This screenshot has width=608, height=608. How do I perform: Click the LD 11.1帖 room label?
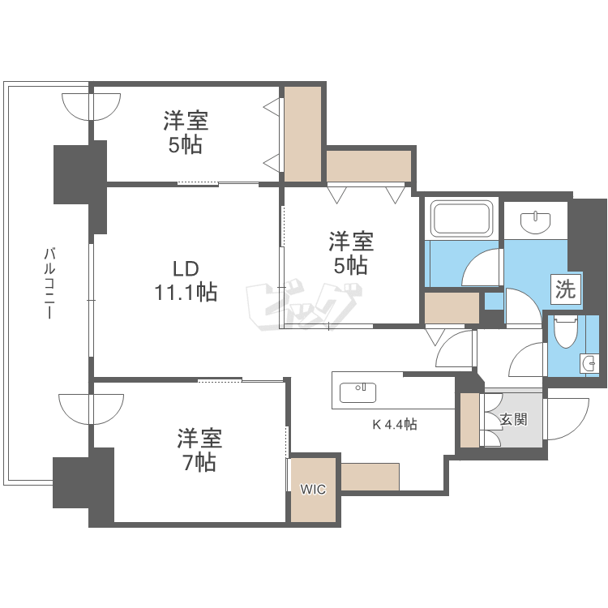(186, 280)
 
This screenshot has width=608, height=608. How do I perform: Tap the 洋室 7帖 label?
(199, 450)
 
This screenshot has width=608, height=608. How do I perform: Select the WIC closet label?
(313, 490)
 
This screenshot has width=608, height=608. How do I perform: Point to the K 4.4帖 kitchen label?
(395, 425)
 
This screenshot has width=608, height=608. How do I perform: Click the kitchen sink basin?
(358, 392)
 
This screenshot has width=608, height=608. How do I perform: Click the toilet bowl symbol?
(566, 331)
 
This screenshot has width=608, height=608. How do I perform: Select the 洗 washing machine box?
(566, 289)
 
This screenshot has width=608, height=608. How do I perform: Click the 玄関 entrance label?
(513, 419)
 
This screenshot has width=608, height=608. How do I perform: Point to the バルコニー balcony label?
(49, 283)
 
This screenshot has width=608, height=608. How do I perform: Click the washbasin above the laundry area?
(536, 222)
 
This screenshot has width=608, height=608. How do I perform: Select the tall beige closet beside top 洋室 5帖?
(303, 134)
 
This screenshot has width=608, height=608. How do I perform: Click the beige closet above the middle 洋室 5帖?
(369, 166)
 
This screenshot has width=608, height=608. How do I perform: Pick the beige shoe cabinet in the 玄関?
(470, 420)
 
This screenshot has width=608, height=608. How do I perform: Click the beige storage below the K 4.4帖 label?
(370, 477)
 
